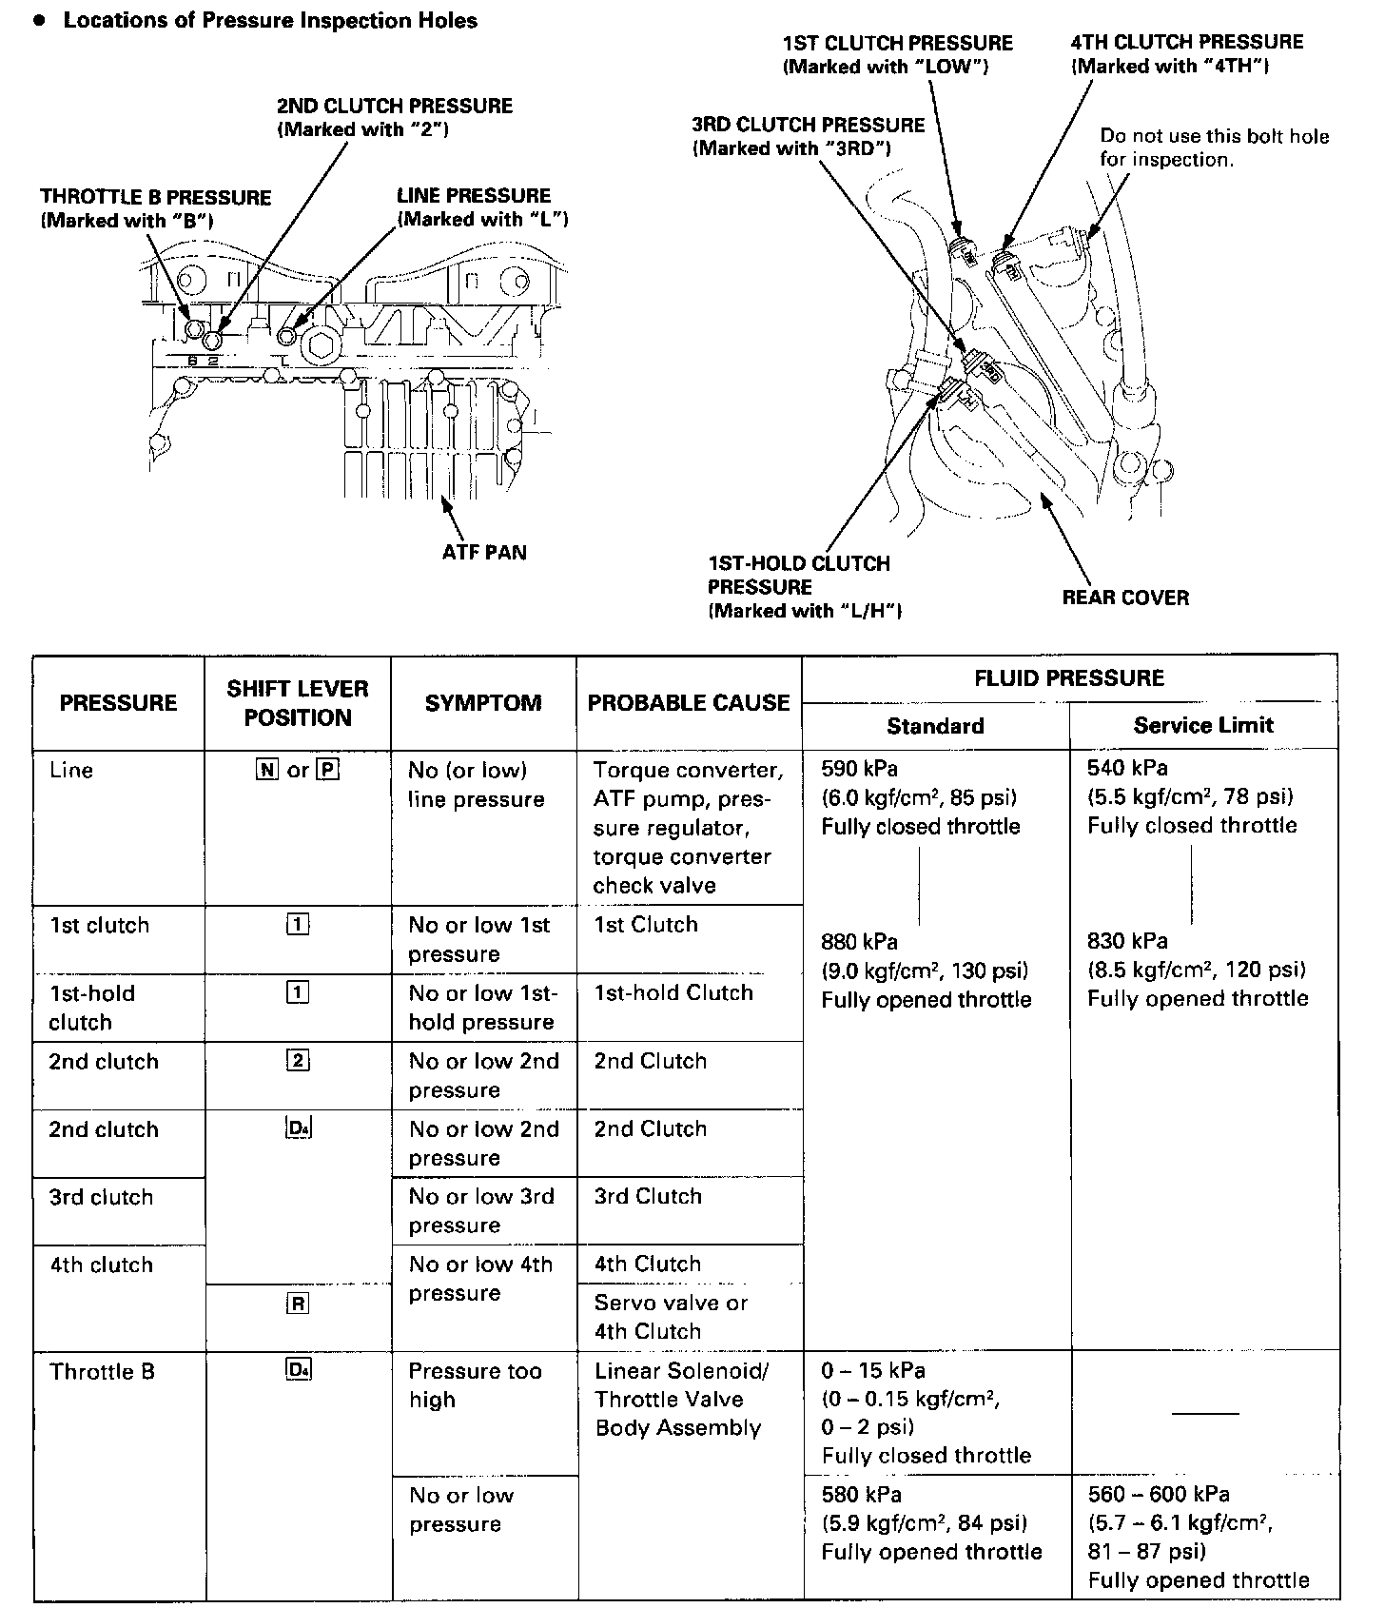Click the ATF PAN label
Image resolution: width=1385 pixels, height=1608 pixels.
pyautogui.click(x=483, y=553)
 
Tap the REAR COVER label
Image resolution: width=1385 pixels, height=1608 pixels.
pyautogui.click(x=1125, y=598)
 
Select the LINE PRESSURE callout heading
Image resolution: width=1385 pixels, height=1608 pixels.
pyautogui.click(x=473, y=196)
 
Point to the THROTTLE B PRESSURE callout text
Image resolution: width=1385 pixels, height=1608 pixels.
pyautogui.click(x=155, y=198)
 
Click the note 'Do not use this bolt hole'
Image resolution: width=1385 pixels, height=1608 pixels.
pyautogui.click(x=1214, y=136)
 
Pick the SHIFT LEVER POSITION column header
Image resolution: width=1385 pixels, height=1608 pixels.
pyautogui.click(x=297, y=703)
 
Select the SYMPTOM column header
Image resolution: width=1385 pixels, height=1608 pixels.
pyautogui.click(x=483, y=703)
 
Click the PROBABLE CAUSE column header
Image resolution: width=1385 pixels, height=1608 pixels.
pyautogui.click(x=689, y=703)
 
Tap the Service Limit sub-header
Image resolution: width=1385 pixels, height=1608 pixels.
pyautogui.click(x=1203, y=726)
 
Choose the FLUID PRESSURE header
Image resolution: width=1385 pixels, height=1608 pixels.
pyautogui.click(x=1069, y=678)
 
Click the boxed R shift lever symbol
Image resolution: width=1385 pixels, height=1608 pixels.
pyautogui.click(x=297, y=1304)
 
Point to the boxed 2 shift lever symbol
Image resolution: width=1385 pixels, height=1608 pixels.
pyautogui.click(x=297, y=1061)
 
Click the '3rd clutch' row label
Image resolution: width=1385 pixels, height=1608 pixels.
pyautogui.click(x=101, y=1197)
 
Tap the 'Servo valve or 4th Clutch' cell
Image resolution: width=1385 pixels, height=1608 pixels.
pyautogui.click(x=671, y=1317)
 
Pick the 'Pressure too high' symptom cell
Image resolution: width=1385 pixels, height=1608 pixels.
pyautogui.click(x=475, y=1384)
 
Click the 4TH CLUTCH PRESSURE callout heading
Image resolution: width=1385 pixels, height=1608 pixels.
pyautogui.click(x=1186, y=43)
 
